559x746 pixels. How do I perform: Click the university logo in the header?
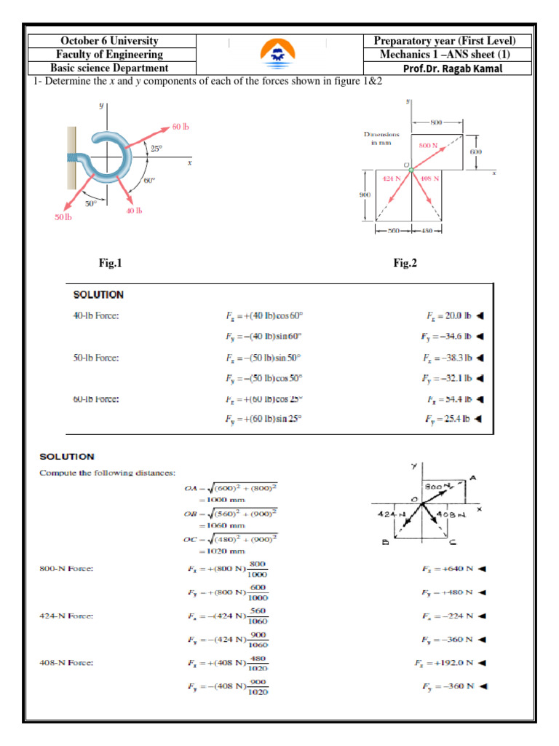tap(279, 52)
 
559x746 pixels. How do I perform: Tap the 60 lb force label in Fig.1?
tap(181, 127)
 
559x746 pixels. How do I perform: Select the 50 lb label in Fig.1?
tap(63, 217)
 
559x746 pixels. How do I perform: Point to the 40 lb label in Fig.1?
tap(133, 211)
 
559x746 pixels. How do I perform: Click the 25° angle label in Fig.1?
tap(156, 149)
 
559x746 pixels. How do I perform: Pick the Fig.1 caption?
tap(111, 264)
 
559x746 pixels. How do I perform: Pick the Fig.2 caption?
tap(405, 264)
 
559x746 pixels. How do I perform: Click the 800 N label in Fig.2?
tap(427, 146)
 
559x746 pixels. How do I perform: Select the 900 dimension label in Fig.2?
tap(366, 195)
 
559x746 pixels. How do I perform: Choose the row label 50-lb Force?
tap(97, 358)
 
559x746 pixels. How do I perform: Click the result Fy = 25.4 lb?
tap(447, 419)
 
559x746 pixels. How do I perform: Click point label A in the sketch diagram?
tap(472, 478)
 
